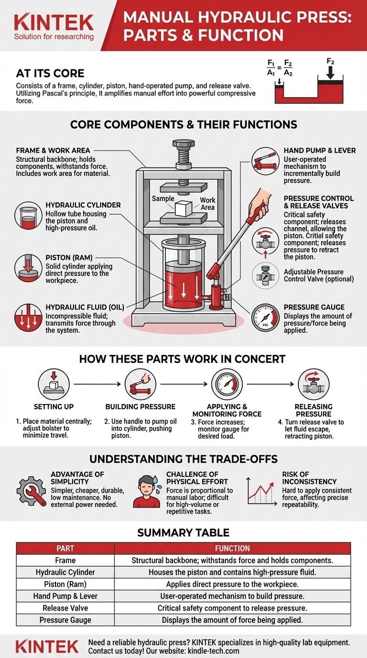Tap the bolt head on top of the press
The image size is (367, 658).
pos(183,144)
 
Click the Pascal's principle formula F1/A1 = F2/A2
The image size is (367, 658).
pos(280,68)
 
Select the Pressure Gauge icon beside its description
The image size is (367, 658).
pos(265,318)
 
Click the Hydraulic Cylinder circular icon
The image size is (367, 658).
pos(28,215)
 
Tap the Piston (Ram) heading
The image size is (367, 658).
pos(69,258)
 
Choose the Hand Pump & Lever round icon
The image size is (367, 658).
pos(265,161)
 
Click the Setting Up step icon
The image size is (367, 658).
pos(54,384)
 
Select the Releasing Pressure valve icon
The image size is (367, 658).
pos(313,384)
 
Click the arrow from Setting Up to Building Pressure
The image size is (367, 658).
pos(97,384)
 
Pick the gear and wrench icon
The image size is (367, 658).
pos(32,491)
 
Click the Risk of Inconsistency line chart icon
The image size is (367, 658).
pos(262,492)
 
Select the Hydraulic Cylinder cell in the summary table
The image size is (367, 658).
pos(65,572)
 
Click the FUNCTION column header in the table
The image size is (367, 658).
pos(232,548)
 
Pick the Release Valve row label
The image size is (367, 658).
pos(65,608)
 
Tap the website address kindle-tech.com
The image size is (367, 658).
pos(214,651)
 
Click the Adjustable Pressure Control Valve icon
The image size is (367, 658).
pos(265,275)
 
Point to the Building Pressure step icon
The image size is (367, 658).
pos(140,384)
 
